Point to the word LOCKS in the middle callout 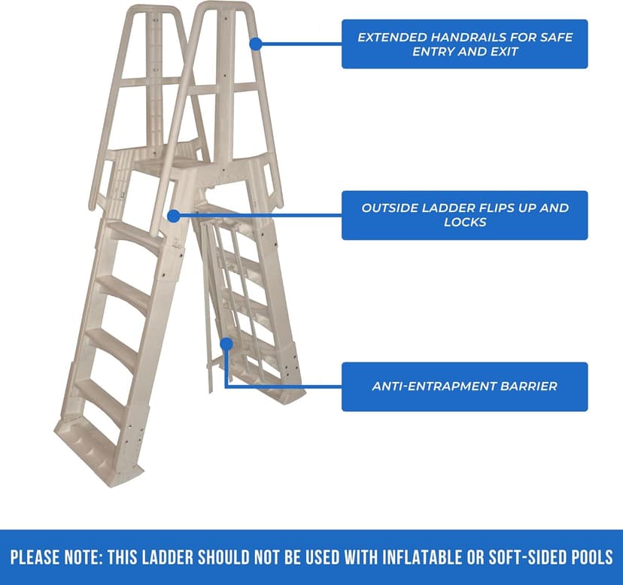[x=464, y=223]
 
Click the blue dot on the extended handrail [x=255, y=44]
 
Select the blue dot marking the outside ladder [x=174, y=216]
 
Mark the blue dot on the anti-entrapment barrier [x=225, y=343]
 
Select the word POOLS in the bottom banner [x=591, y=557]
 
